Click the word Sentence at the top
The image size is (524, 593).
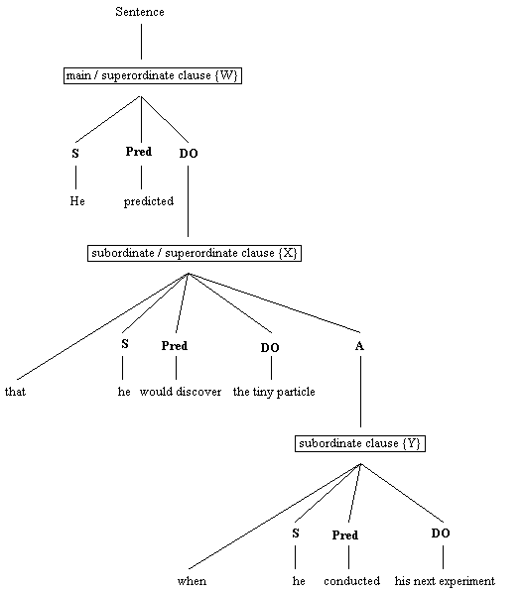(x=141, y=13)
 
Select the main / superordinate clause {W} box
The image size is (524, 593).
(x=154, y=75)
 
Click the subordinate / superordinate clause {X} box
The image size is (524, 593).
(x=195, y=253)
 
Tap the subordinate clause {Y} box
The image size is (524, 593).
(x=359, y=443)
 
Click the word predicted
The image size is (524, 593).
(x=149, y=201)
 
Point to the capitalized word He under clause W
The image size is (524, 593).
(x=76, y=201)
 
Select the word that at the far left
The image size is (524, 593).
(x=15, y=392)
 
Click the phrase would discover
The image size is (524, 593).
(x=176, y=392)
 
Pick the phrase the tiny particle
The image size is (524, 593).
(x=274, y=392)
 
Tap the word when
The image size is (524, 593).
(x=193, y=581)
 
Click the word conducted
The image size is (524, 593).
(x=349, y=581)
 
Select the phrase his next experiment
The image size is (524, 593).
(x=443, y=581)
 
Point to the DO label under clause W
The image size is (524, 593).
(x=189, y=154)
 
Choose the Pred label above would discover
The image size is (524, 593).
(x=175, y=346)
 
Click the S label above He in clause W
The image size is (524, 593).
(x=75, y=153)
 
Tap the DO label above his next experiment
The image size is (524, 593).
(x=442, y=534)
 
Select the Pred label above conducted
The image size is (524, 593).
(x=345, y=535)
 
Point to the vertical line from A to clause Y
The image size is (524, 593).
(x=359, y=397)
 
